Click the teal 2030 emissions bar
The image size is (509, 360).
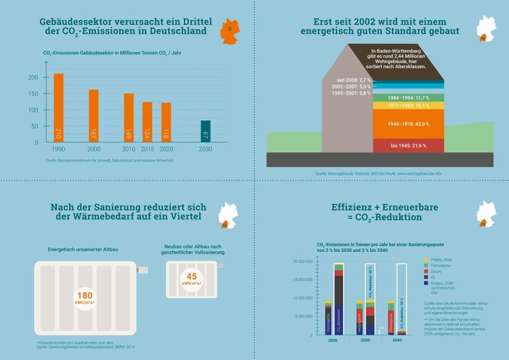point(206,131)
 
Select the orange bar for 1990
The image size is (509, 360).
point(59,108)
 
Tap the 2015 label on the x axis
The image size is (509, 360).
point(147,149)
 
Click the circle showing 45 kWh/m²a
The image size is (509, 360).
point(190,277)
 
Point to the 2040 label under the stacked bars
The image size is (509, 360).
point(396,341)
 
